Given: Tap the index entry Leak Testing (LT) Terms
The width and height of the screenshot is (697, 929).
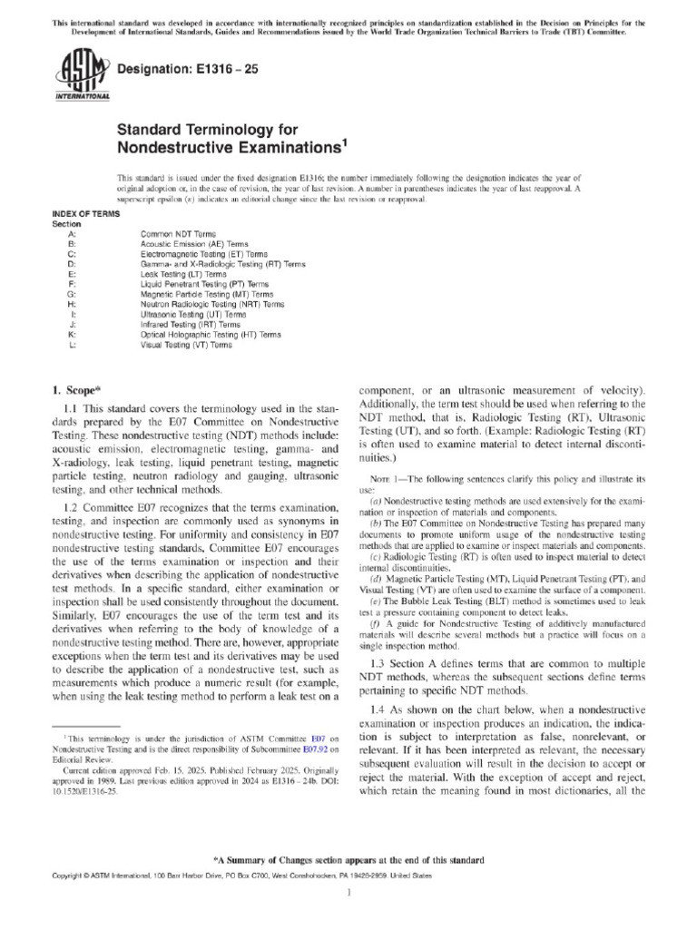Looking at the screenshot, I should (178, 274).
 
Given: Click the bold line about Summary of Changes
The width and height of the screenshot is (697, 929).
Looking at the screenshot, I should (348, 858).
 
